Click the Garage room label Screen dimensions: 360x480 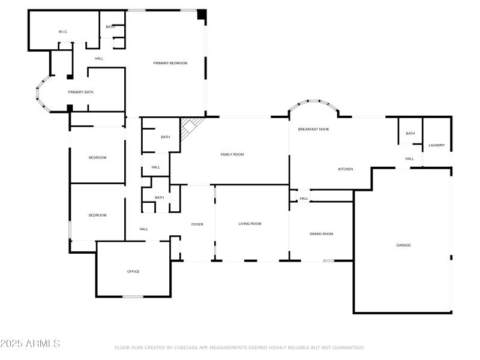coord(403,245)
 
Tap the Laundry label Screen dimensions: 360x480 coord(436,145)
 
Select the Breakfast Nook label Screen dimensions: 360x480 coord(313,129)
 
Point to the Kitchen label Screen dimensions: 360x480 coord(345,169)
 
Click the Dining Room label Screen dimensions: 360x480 coord(321,234)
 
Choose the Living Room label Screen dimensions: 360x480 coord(250,224)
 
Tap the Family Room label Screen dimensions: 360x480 coord(232,155)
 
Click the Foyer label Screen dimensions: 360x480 coord(197,224)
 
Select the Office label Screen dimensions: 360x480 coord(133,271)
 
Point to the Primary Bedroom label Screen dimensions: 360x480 coord(170,63)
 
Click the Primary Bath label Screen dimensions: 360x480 coord(80,92)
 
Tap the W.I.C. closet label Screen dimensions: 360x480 coord(63,31)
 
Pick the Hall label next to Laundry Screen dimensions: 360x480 coord(409,159)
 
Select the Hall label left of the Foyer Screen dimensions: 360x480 coord(144,229)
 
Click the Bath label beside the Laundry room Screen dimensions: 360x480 coord(410,133)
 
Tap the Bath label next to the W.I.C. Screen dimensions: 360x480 coord(110,26)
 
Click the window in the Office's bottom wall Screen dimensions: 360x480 coord(133,296)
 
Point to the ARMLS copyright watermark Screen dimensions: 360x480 coord(30,343)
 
